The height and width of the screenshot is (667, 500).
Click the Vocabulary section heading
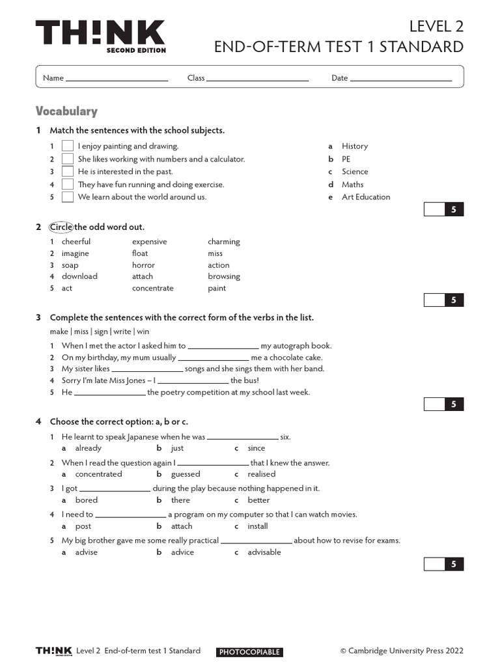click(66, 111)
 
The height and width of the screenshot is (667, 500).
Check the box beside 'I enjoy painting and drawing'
click(67, 147)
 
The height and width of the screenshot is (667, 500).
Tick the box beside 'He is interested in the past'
click(67, 172)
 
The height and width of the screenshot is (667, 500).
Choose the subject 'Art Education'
click(366, 197)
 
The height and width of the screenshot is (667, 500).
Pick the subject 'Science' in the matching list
click(355, 172)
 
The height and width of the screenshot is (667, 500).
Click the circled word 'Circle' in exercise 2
click(61, 227)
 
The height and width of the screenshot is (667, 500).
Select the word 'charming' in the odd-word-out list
click(224, 242)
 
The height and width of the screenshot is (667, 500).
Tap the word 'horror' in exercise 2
click(143, 265)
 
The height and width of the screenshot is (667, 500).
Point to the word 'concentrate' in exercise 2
click(152, 289)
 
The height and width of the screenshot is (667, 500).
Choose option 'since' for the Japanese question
click(257, 448)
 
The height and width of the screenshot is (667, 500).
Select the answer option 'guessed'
click(185, 474)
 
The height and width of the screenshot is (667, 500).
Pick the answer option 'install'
click(258, 526)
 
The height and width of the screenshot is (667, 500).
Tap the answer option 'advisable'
click(264, 552)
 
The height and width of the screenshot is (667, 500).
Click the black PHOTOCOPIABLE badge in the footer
click(249, 652)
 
